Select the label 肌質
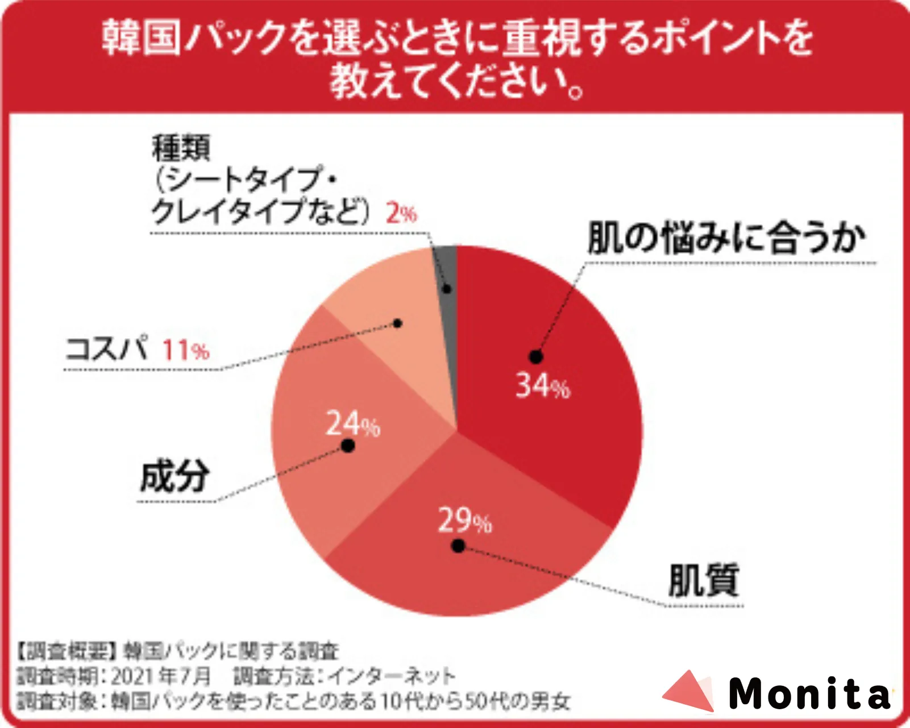703,580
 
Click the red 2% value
401,214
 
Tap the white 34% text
542,386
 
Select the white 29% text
464,521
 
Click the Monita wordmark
809,694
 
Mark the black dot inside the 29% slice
458,546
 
